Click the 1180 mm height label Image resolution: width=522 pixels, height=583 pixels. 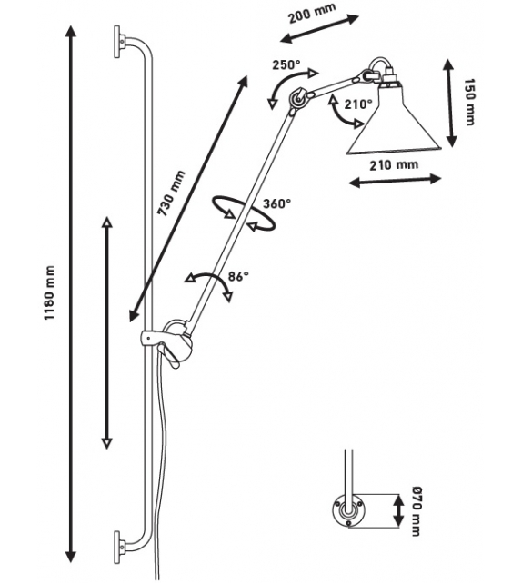[x=49, y=292]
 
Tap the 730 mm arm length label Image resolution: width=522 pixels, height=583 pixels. [x=171, y=193]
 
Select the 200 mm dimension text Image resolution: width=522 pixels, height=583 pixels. [x=312, y=13]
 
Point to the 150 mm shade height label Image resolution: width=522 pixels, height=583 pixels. [x=469, y=102]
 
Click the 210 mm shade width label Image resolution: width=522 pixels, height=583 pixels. [x=394, y=164]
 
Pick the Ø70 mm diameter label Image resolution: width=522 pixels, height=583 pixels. [x=416, y=511]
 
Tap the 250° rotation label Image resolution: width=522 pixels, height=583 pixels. [x=286, y=64]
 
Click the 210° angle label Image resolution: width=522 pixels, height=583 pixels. [x=358, y=104]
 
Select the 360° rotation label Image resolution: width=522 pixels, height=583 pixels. [x=277, y=203]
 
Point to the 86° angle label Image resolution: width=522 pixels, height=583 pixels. [x=238, y=276]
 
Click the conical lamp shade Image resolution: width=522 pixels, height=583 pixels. [x=394, y=120]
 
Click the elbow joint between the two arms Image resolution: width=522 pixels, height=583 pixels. [x=298, y=99]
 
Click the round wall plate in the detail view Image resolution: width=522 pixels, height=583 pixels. [x=348, y=509]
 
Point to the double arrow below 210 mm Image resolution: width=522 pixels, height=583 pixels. [x=396, y=181]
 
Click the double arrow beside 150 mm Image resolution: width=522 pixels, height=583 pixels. [x=450, y=104]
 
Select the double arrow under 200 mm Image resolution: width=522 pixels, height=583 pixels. [x=319, y=29]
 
